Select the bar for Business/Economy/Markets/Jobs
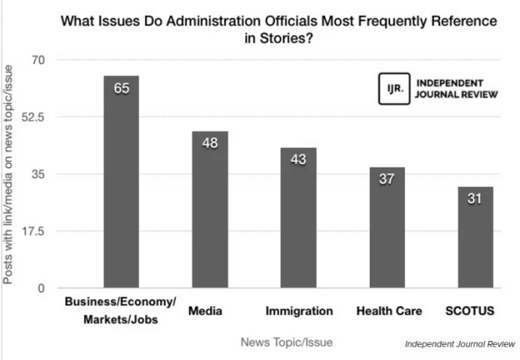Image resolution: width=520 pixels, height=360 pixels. tap(120, 182)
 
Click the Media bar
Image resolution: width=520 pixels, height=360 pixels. tap(210, 209)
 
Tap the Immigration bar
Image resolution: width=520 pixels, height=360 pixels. tap(298, 218)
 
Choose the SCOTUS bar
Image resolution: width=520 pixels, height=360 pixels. tap(476, 237)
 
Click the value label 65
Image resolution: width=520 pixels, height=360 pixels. tap(120, 88)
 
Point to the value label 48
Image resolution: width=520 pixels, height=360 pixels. tap(210, 143)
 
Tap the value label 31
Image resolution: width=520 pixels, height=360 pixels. tap(476, 198)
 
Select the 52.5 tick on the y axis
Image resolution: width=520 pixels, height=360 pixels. tap(36, 117)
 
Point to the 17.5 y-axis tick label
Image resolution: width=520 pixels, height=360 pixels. tap(36, 232)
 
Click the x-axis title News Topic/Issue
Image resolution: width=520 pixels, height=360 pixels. tap(287, 342)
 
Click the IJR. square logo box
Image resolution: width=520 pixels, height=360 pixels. tap(394, 88)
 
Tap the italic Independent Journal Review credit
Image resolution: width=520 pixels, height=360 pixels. tap(459, 344)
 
